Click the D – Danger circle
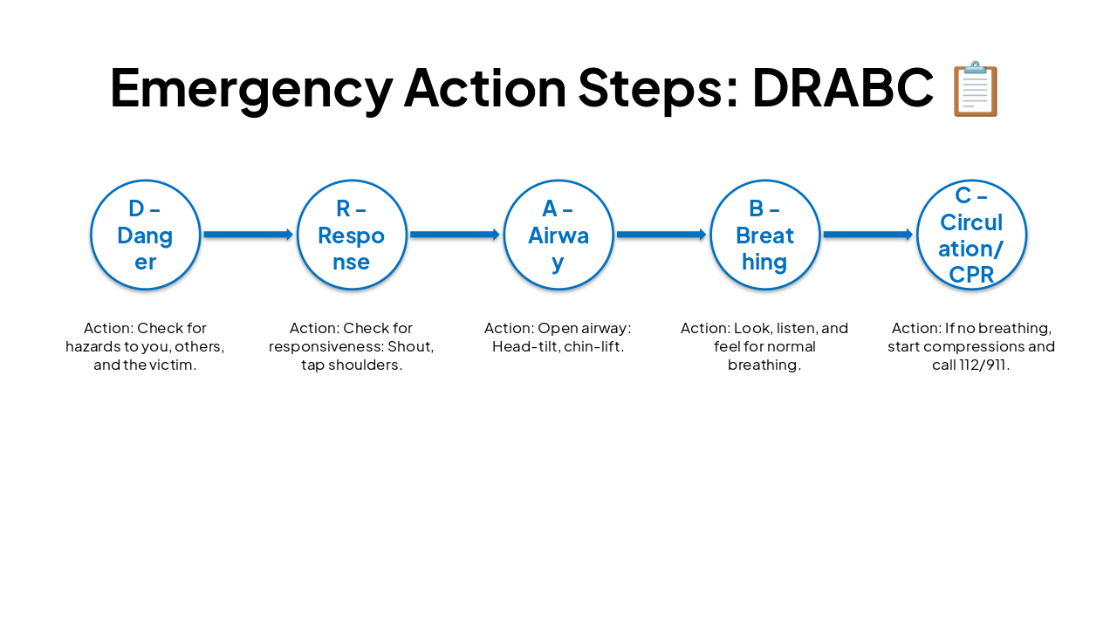point(146,235)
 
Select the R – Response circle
point(352,235)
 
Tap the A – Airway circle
point(558,235)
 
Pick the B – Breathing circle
point(765,235)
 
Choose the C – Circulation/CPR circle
point(971,235)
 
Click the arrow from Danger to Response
point(249,235)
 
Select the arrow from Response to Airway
point(455,235)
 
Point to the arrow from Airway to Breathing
point(661,235)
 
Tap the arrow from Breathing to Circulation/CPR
point(868,235)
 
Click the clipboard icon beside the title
point(975,89)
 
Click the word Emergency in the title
point(251,88)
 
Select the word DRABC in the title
point(842,88)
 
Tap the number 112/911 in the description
point(983,365)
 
